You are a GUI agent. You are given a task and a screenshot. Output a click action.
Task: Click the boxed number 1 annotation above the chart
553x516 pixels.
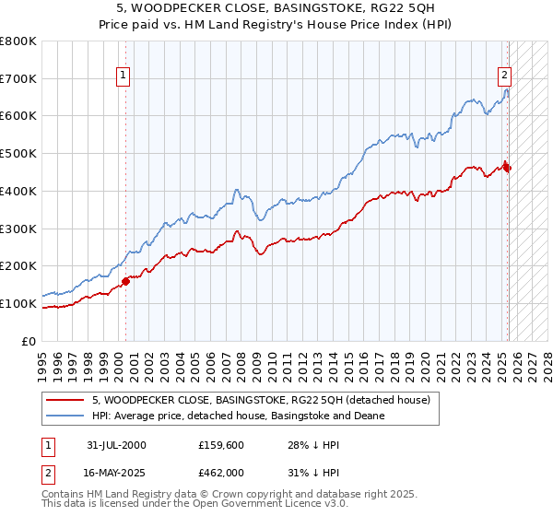pos(124,76)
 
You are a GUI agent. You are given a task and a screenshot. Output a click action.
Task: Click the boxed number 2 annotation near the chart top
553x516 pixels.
pos(505,76)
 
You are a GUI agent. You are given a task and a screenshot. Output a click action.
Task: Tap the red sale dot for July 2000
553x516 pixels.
pos(126,281)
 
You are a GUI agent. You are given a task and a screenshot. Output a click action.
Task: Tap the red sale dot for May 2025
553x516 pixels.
pos(507,167)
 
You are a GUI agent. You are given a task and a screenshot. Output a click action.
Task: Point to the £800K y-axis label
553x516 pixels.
pos(18,41)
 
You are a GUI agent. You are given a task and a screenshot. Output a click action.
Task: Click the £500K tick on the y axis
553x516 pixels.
pos(18,154)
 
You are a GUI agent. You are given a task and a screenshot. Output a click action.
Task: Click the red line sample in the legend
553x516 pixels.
pos(66,400)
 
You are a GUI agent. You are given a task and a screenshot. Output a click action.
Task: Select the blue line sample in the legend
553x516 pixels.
pos(66,416)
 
